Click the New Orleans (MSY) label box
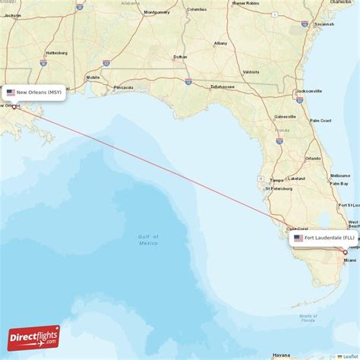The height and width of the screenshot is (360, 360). pos(34,93)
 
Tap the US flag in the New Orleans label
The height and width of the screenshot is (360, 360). pos(11,93)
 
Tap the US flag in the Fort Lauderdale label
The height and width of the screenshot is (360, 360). pos(298,238)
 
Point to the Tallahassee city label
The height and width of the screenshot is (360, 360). pos(223,87)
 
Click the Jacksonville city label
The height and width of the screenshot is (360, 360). pos(309,90)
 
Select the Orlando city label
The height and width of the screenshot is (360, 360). pos(312,158)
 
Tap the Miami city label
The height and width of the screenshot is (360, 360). pos(349,261)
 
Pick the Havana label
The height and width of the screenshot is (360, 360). pos(282,354)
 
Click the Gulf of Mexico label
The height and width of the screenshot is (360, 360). pos(148,240)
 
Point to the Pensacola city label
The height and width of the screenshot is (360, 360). pos(124,87)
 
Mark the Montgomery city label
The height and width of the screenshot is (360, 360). pos(156,12)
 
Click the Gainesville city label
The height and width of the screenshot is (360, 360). pos(285,117)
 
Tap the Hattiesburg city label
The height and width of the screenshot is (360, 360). pos(56,52)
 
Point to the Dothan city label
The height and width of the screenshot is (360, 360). pos(180,57)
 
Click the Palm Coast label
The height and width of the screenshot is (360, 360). pos(321,121)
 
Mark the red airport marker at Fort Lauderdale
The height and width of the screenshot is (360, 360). pos(345,251)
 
